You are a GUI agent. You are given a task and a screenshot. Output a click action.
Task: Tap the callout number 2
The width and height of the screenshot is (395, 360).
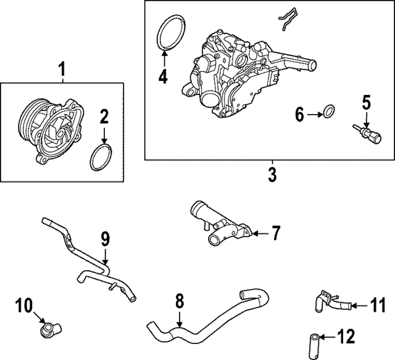pos(104,116)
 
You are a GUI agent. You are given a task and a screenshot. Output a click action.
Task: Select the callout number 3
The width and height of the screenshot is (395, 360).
pos(272,174)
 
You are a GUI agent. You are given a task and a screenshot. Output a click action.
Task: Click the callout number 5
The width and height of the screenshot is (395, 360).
pos(367,102)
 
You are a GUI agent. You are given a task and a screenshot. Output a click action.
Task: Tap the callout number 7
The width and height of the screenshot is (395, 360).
pos(275,233)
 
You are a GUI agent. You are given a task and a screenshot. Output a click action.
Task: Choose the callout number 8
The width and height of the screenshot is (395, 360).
pos(179,301)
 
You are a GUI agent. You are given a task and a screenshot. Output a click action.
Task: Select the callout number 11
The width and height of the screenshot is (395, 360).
pos(377,304)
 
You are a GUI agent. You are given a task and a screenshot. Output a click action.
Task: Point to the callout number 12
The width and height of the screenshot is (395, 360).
pos(348,337)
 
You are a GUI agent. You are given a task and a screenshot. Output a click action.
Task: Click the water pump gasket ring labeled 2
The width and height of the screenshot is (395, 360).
pos(99,158)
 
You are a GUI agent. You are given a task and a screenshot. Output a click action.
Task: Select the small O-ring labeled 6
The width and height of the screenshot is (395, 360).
pos(330,112)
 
